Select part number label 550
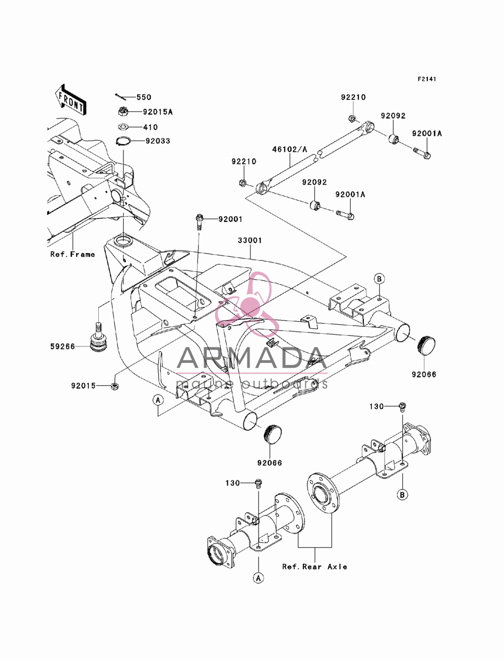coord(144,97)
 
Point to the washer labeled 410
coord(123,127)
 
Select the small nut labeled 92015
coord(115,386)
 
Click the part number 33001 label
coord(250,240)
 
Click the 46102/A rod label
coord(290,149)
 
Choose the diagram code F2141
coord(427,79)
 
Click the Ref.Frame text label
coord(73,255)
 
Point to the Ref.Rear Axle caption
coord(314,567)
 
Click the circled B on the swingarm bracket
coord(379,279)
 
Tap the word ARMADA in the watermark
coord(252,358)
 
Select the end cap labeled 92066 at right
coord(426,346)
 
